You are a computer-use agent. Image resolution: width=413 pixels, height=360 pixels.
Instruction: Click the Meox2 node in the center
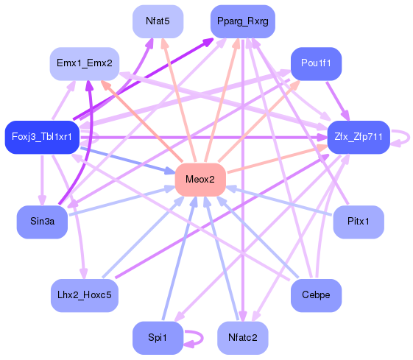[200, 180]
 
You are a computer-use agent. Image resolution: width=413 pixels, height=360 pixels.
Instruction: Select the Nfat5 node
[158, 21]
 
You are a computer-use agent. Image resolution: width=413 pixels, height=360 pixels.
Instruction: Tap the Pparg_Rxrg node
[243, 21]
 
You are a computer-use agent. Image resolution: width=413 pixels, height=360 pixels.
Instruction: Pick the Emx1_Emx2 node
[85, 63]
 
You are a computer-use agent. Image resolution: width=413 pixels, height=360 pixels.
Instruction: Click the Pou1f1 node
[316, 63]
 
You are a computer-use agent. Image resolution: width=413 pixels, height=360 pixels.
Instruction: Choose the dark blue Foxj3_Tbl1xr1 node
[42, 137]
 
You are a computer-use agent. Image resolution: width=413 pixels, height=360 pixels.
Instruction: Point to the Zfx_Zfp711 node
[359, 137]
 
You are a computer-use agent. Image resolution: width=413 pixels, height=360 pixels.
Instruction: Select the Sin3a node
[42, 222]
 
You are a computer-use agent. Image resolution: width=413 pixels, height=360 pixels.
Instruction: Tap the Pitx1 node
[359, 222]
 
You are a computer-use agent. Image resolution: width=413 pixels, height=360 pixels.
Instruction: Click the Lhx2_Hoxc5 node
[85, 295]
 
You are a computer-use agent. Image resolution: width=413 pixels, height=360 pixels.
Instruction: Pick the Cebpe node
[316, 295]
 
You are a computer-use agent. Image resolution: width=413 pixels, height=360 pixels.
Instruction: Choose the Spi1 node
[158, 338]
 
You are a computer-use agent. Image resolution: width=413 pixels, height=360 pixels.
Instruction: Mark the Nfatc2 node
[243, 338]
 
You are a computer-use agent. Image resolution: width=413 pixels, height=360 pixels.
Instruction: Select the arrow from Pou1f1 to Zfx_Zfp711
[338, 101]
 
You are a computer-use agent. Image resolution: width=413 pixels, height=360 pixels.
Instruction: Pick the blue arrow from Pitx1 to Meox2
[279, 201]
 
